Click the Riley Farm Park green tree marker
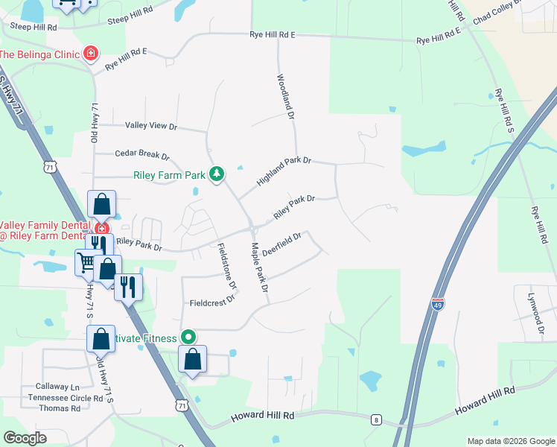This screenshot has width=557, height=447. pyautogui.click(x=216, y=174)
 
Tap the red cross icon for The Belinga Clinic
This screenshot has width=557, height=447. pyautogui.click(x=91, y=54)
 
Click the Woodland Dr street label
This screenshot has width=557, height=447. pyautogui.click(x=287, y=95)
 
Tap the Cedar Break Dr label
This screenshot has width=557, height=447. pyautogui.click(x=142, y=155)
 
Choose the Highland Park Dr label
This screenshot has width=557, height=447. pyautogui.click(x=283, y=171)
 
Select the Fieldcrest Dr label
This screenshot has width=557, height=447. pyautogui.click(x=212, y=302)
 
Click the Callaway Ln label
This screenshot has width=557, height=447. pyautogui.click(x=57, y=387)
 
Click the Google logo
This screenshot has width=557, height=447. pyautogui.click(x=25, y=438)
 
